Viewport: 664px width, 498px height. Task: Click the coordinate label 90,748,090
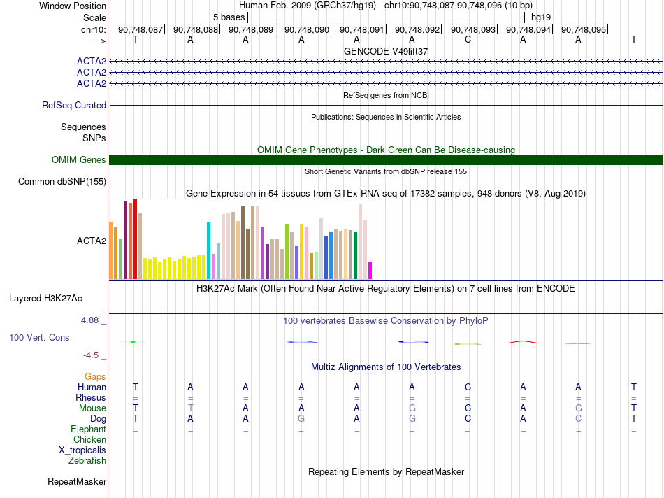click(x=307, y=29)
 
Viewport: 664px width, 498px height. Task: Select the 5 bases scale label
click(x=229, y=17)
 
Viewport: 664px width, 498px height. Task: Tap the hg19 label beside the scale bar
click(x=541, y=17)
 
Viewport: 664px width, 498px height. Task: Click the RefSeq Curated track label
click(x=74, y=105)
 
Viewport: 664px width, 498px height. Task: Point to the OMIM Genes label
click(x=79, y=159)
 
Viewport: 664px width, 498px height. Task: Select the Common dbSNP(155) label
click(x=62, y=181)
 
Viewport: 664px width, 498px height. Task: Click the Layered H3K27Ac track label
click(x=45, y=299)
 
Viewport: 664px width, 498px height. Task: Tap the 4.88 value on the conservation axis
click(x=89, y=320)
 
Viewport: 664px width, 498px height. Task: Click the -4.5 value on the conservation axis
click(x=91, y=355)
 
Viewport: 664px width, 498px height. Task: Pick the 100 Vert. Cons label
click(x=39, y=337)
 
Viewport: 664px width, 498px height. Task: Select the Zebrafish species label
click(x=87, y=460)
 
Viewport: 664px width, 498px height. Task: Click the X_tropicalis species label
click(x=82, y=450)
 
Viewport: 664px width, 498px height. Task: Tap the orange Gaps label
click(x=95, y=376)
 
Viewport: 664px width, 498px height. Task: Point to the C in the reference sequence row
click(x=468, y=39)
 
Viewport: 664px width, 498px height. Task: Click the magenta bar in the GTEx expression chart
click(x=370, y=271)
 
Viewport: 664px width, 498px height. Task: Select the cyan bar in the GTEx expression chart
click(x=208, y=250)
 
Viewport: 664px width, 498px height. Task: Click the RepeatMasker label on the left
click(x=77, y=481)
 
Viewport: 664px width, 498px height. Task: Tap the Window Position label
click(x=73, y=6)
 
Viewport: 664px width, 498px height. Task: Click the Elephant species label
click(x=89, y=429)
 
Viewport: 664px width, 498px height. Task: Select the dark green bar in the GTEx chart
click(x=355, y=255)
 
